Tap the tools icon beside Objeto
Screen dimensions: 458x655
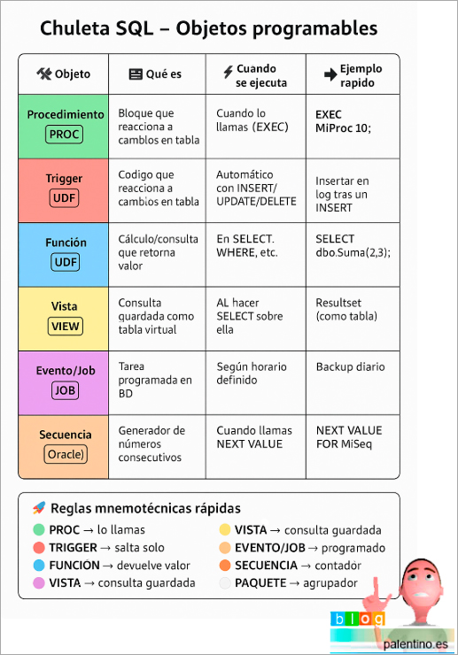tap(44, 73)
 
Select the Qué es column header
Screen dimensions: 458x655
tap(155, 74)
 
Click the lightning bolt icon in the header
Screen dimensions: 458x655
tap(228, 72)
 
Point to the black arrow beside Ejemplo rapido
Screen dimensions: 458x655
tap(330, 74)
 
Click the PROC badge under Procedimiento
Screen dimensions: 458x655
tap(64, 135)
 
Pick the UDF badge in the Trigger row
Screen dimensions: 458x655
tap(64, 198)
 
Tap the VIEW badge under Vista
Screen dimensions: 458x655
tap(65, 327)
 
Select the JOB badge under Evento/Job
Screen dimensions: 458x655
tap(65, 390)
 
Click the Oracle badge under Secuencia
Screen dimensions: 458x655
tap(66, 454)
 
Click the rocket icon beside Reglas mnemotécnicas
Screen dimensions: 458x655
tap(39, 507)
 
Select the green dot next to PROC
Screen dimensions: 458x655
tap(38, 529)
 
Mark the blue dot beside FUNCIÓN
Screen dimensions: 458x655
tap(38, 566)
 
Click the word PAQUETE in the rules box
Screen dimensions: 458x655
tap(260, 582)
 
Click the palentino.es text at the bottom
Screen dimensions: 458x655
tap(415, 643)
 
